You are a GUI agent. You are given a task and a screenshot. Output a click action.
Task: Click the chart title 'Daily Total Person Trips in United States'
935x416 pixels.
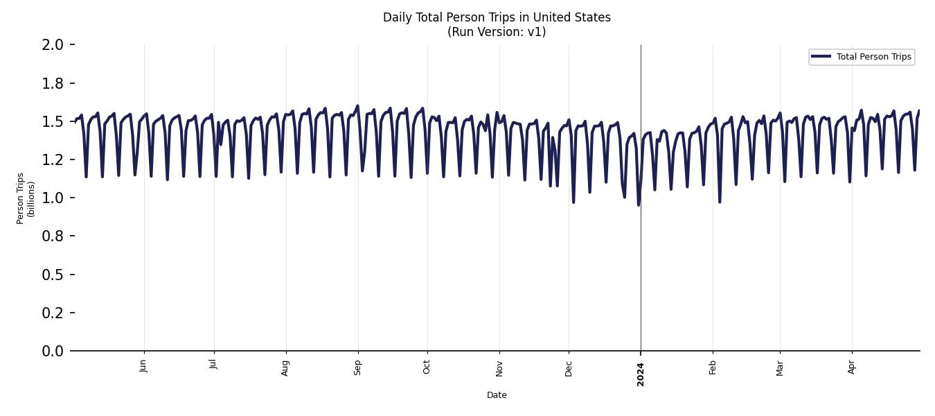tap(497, 17)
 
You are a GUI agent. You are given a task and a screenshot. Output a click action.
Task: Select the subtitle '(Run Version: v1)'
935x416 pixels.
tap(497, 32)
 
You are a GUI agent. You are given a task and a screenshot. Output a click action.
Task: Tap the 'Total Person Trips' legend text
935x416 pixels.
tap(873, 57)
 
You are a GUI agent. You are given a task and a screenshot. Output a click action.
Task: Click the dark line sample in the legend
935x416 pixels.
tap(821, 57)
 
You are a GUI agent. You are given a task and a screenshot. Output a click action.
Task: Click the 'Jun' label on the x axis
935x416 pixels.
tap(143, 365)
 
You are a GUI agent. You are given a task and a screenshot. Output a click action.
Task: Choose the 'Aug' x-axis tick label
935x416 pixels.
tap(285, 367)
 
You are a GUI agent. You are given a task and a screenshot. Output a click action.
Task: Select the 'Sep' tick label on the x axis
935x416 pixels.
tap(357, 367)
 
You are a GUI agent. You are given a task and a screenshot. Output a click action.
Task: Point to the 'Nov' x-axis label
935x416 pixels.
tap(499, 367)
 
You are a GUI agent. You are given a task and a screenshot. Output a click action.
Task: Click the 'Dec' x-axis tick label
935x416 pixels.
tap(569, 367)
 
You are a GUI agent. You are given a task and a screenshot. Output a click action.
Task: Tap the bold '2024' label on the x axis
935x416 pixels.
tap(641, 374)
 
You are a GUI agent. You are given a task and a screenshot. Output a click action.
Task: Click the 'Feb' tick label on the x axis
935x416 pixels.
tap(713, 367)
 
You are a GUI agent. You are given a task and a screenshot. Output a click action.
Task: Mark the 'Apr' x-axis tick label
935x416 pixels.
tap(852, 366)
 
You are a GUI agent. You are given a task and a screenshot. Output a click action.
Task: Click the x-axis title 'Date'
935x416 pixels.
tap(497, 395)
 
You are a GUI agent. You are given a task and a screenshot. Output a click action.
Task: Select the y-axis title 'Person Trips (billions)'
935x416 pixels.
tap(26, 198)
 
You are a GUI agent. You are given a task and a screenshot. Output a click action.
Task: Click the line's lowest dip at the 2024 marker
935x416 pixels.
tap(638, 205)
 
